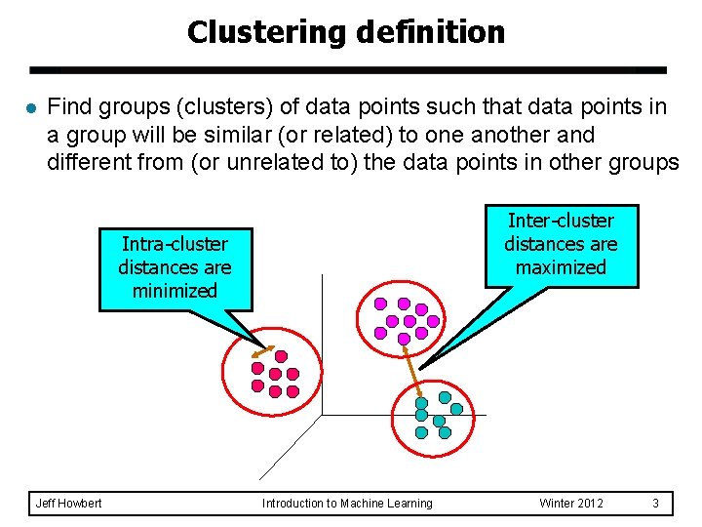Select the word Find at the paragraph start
68,106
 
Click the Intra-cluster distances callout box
175,267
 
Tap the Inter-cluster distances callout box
561,244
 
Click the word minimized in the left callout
175,291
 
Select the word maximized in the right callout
561,267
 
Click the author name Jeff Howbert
68,504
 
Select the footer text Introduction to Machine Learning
347,504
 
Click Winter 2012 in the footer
571,504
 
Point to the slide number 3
656,504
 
